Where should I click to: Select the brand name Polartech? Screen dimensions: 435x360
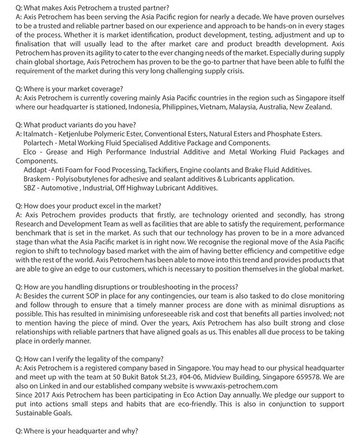pyautogui.click(x=38, y=143)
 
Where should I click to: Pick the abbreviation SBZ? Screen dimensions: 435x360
pyautogui.click(x=30, y=188)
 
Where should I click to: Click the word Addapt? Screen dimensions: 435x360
pyautogui.click(x=35, y=170)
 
